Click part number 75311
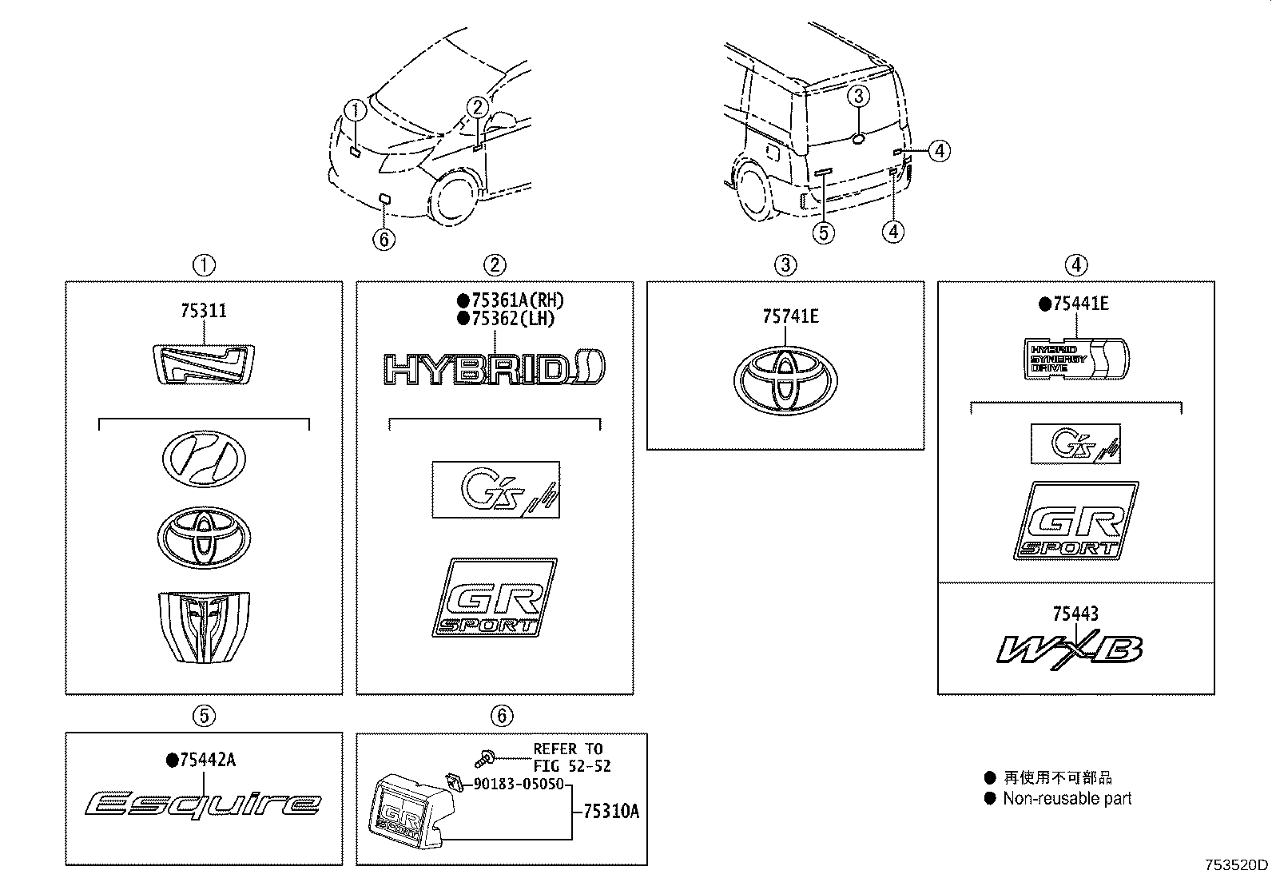[x=203, y=311]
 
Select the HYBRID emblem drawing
[x=494, y=368]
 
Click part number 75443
[x=1075, y=614]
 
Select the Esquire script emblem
[x=204, y=803]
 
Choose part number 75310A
[x=611, y=812]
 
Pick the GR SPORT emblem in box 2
[x=495, y=598]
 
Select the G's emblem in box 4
[x=1075, y=444]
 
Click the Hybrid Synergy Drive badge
[x=1076, y=358]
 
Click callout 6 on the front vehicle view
[x=384, y=238]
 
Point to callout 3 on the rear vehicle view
[x=857, y=97]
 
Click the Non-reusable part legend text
[x=1067, y=798]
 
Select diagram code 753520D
[x=1236, y=864]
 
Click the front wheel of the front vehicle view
[x=456, y=200]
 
